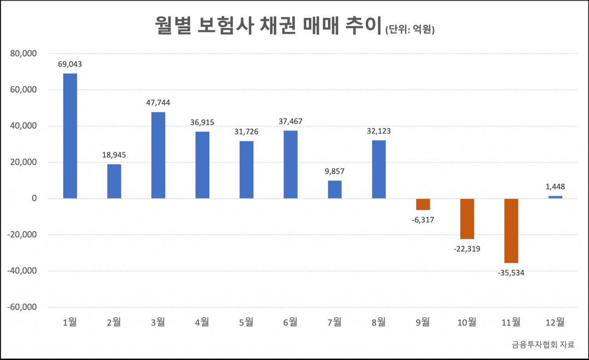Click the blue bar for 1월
(x=70, y=136)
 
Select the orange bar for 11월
(x=511, y=231)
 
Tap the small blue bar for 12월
(x=555, y=197)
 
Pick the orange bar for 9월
(x=423, y=204)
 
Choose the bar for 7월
(x=335, y=190)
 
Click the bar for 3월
(x=158, y=155)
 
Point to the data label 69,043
(x=70, y=64)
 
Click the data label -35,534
(x=511, y=273)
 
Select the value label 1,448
(x=555, y=187)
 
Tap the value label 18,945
(x=114, y=155)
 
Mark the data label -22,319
(x=467, y=249)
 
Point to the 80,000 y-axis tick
(x=23, y=54)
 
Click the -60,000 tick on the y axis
(x=22, y=307)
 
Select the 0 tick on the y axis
(x=34, y=198)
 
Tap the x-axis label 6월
(x=290, y=322)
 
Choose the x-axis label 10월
(x=467, y=322)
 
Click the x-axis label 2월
(x=114, y=322)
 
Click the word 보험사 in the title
(x=226, y=25)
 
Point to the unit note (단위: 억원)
(x=410, y=29)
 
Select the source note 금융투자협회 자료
(x=543, y=345)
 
